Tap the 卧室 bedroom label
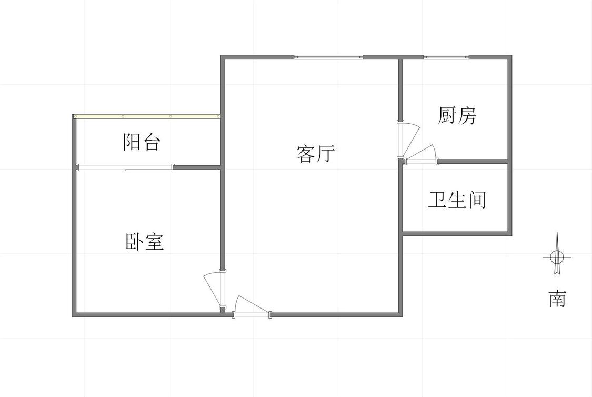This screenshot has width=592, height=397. pos(145,242)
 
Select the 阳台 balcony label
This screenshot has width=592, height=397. pos(142,142)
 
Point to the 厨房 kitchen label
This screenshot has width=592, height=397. pos(457,115)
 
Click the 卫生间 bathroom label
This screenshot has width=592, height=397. pos(457,200)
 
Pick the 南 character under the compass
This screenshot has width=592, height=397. pos(557,299)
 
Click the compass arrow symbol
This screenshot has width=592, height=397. pos(557,256)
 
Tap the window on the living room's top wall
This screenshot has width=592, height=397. pos(328,57)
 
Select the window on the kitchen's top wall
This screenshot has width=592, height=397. pos(446,57)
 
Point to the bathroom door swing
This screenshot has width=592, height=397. pos(421,154)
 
